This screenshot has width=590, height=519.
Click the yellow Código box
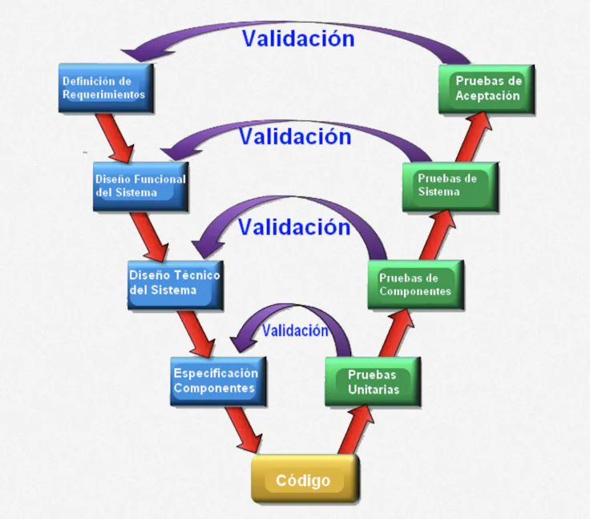(303, 480)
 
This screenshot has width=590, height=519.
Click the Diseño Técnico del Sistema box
(174, 282)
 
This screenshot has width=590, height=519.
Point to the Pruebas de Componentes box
(415, 284)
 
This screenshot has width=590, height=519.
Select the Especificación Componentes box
(216, 380)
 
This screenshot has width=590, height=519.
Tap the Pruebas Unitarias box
(373, 382)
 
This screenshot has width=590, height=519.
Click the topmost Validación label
(297, 39)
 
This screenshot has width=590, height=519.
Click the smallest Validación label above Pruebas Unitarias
(295, 330)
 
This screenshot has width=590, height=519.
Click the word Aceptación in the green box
(487, 96)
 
